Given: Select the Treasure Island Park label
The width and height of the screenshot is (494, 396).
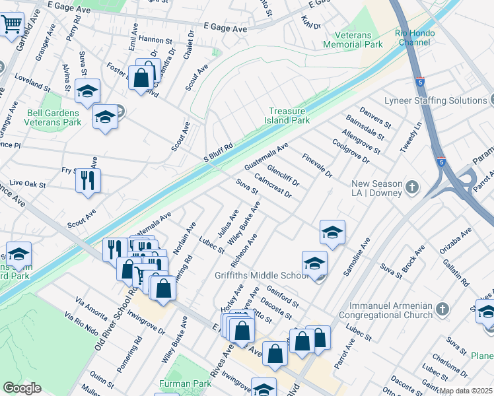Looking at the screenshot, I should (x=289, y=116).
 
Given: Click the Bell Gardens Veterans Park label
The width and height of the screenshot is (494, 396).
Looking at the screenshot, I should (x=53, y=117).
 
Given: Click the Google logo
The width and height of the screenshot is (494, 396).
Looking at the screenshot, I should (x=22, y=388).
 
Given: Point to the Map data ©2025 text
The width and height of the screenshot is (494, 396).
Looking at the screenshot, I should (x=466, y=391).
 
